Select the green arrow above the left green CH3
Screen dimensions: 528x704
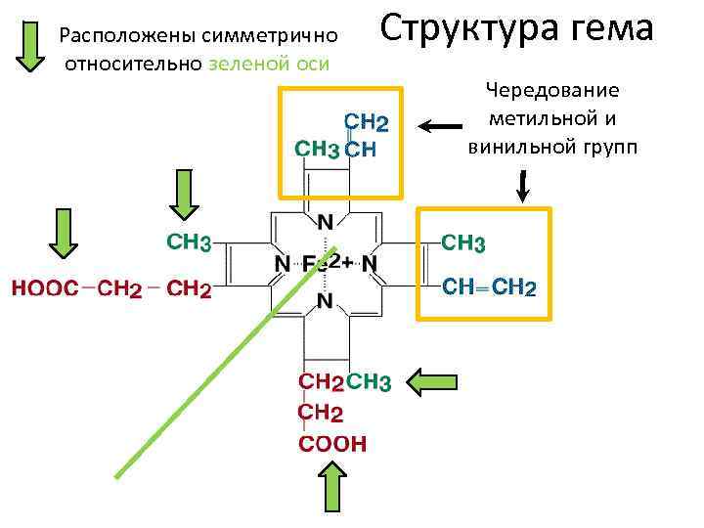tap(183, 194)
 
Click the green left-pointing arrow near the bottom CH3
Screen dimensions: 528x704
tap(433, 381)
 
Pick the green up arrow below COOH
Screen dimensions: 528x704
tap(332, 485)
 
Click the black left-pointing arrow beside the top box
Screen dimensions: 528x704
tap(441, 125)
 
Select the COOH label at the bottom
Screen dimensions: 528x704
tap(332, 444)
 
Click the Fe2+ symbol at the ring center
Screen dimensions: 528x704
tap(322, 264)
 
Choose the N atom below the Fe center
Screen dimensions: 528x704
tap(323, 301)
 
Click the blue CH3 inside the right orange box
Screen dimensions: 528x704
tap(464, 242)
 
